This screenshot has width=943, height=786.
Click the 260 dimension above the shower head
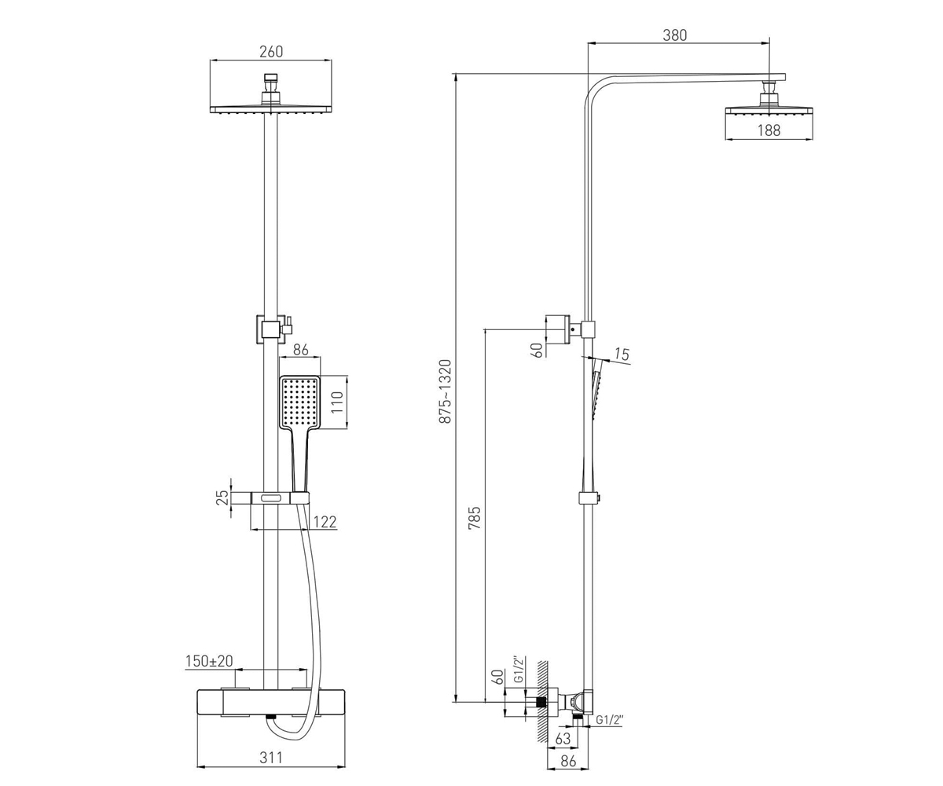(x=271, y=52)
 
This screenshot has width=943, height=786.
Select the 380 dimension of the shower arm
(x=675, y=35)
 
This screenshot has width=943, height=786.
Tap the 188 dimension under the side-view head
(x=769, y=130)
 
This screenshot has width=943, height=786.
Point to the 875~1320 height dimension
(x=446, y=391)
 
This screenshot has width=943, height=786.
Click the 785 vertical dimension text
(x=474, y=518)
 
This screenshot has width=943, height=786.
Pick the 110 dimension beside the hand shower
(x=337, y=402)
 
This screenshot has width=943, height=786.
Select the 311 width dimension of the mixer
(x=271, y=757)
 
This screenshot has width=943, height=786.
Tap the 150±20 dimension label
(x=209, y=661)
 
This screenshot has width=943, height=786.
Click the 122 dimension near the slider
(x=325, y=522)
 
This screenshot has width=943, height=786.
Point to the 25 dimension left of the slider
(x=222, y=498)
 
